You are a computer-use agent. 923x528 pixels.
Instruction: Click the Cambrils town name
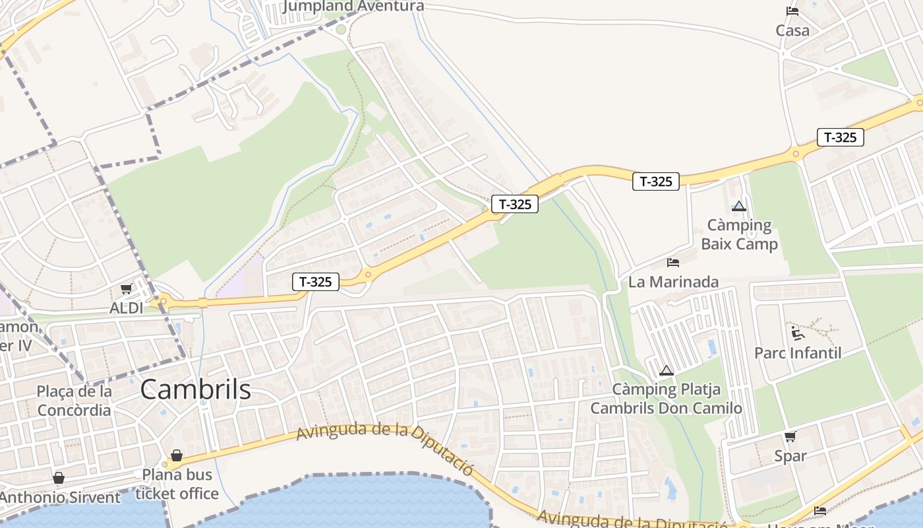click(x=195, y=389)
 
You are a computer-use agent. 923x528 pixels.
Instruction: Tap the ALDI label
click(x=126, y=308)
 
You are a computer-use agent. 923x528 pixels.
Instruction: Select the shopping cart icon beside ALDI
click(x=126, y=288)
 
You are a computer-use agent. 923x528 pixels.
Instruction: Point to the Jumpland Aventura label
click(x=353, y=7)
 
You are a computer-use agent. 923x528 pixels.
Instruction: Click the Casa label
click(x=792, y=30)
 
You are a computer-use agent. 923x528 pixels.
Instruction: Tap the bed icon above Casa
click(x=792, y=11)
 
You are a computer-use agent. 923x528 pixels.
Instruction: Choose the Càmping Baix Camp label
click(x=739, y=234)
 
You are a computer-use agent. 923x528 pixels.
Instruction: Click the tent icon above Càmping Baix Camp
click(x=739, y=206)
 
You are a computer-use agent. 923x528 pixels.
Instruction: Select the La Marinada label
click(x=673, y=282)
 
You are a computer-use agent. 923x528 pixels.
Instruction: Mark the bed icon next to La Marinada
click(x=673, y=263)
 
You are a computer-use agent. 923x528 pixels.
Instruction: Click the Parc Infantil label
click(x=798, y=352)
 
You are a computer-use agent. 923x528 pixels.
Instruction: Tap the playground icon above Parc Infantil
click(x=797, y=333)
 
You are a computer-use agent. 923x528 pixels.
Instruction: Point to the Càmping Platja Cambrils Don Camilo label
click(x=666, y=399)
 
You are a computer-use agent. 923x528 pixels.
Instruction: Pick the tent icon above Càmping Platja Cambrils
click(x=666, y=370)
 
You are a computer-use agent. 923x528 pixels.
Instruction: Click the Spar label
click(x=790, y=455)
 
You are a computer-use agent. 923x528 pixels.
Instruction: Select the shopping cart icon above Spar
click(x=790, y=436)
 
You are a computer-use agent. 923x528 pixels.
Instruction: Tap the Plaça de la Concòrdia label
click(x=74, y=401)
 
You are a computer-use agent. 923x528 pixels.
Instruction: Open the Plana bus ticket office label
click(x=177, y=484)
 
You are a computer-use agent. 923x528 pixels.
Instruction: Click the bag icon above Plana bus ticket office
click(x=177, y=455)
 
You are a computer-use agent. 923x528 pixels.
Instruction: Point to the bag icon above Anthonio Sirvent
click(x=59, y=478)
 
